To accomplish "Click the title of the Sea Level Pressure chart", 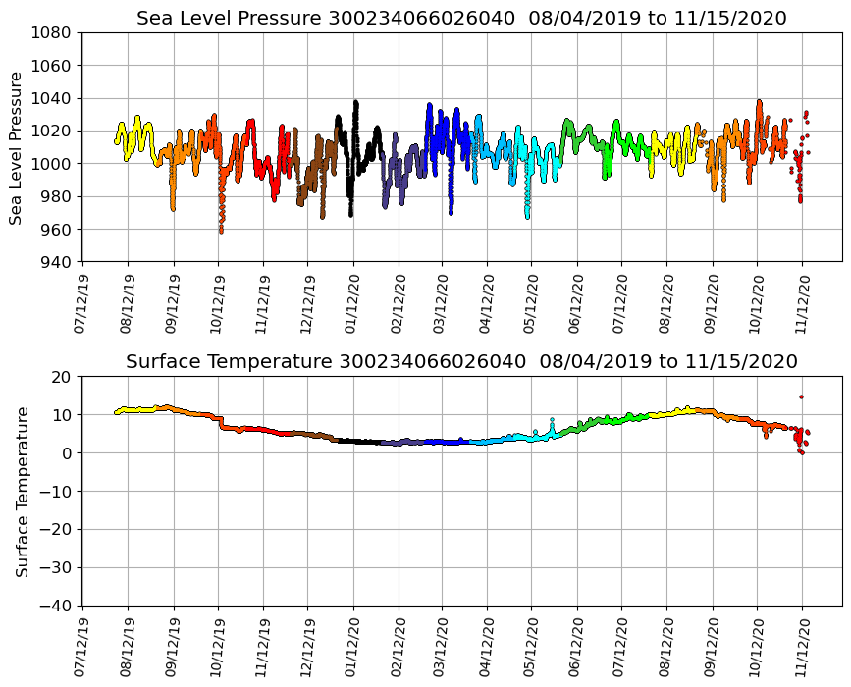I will click(461, 19).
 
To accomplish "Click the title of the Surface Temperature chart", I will click(461, 362).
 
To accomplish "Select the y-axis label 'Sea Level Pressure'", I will click(17, 147).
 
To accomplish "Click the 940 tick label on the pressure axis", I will click(55, 262).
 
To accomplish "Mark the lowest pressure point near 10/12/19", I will click(221, 231).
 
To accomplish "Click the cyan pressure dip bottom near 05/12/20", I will click(527, 216).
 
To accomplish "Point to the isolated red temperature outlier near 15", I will click(801, 396).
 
